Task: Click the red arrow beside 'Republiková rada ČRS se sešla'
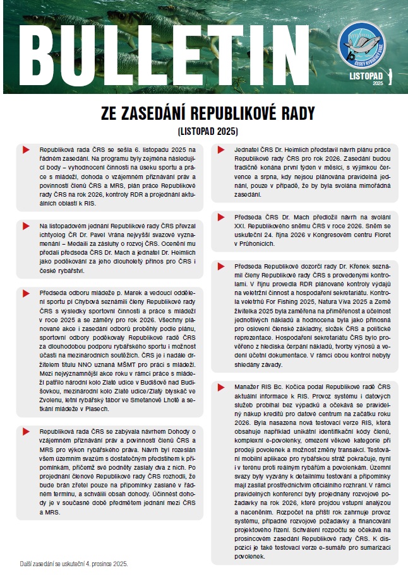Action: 25,150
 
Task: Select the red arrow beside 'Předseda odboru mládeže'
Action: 25,293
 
